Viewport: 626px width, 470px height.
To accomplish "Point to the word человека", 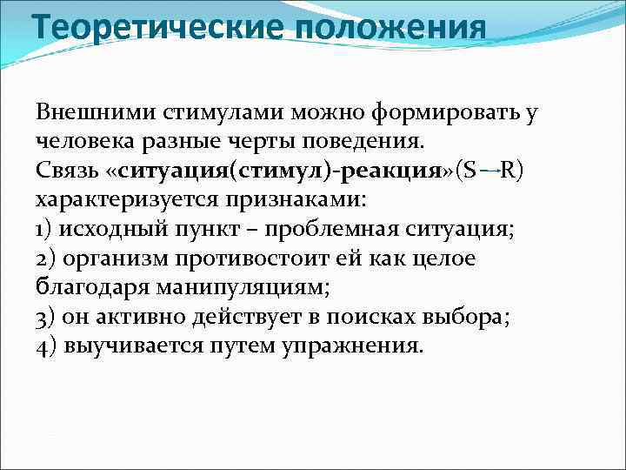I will pyautogui.click(x=83, y=141).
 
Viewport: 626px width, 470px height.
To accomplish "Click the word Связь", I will pyautogui.click(x=64, y=170).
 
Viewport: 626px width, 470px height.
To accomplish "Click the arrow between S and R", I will pyautogui.click(x=489, y=171).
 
